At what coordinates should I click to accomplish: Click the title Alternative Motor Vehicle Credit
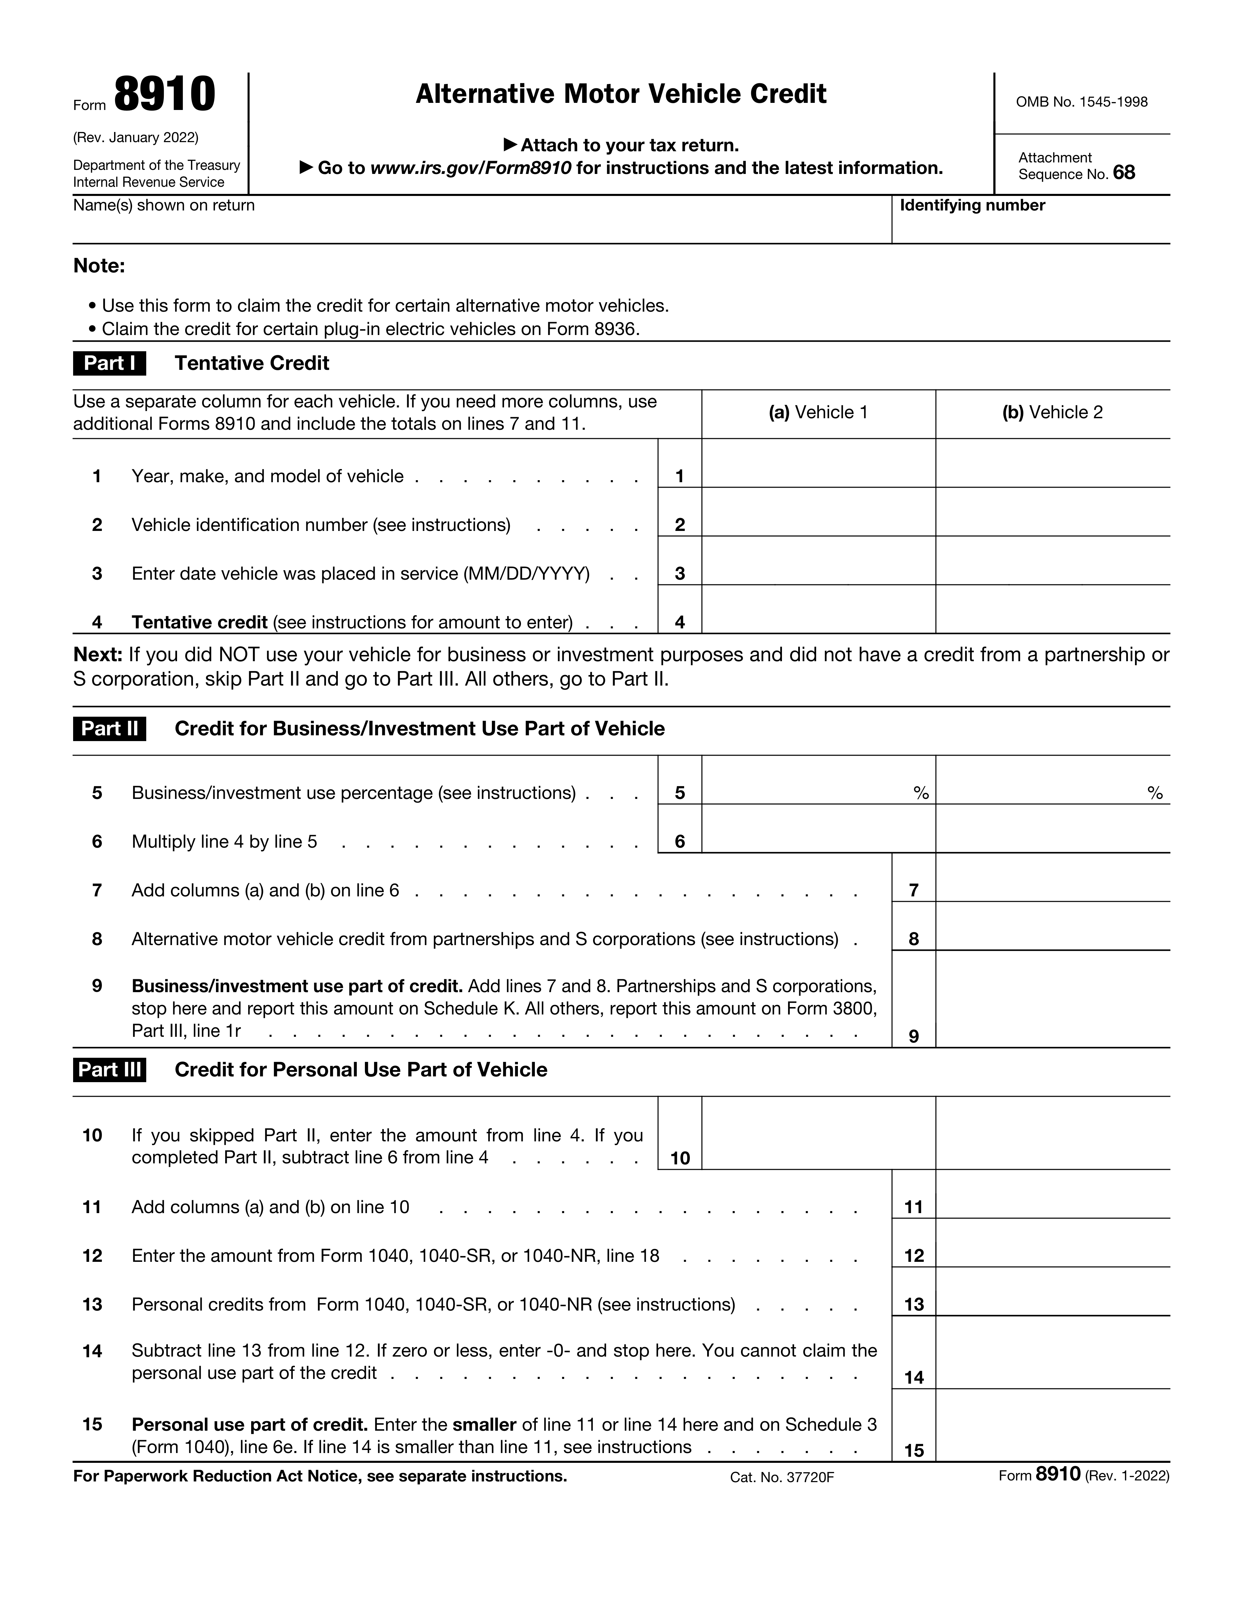[621, 94]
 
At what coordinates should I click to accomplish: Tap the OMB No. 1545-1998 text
[1081, 102]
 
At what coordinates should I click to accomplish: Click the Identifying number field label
[972, 205]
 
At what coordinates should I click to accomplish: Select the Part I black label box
[109, 363]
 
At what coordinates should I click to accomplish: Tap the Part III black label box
[109, 1070]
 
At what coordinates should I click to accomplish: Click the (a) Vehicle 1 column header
[818, 412]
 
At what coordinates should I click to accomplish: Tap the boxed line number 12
[914, 1256]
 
